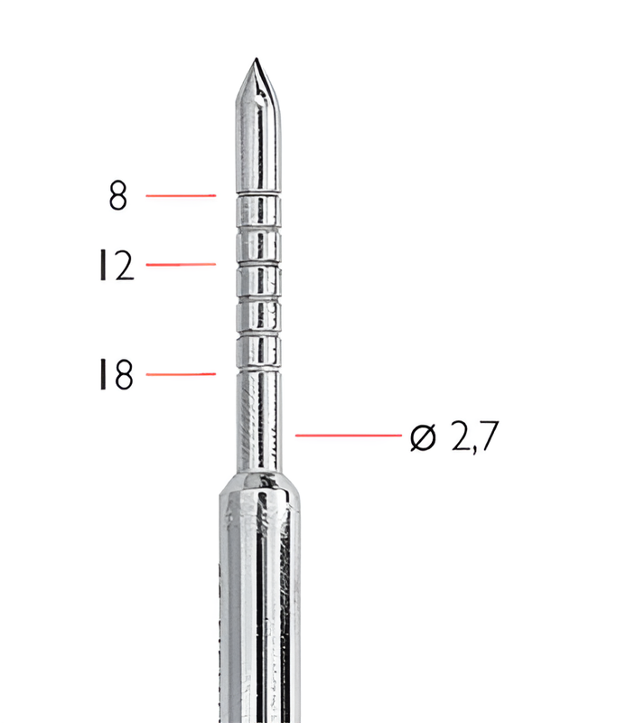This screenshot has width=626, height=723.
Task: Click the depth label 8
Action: pyautogui.click(x=118, y=196)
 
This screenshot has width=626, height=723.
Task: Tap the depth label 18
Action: pyautogui.click(x=117, y=375)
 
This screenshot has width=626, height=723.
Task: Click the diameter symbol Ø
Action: pyautogui.click(x=422, y=437)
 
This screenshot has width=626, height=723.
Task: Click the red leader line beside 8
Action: pyautogui.click(x=181, y=194)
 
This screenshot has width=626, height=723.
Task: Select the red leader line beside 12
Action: pyautogui.click(x=181, y=264)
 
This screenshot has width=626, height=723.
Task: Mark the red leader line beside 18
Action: pyautogui.click(x=181, y=373)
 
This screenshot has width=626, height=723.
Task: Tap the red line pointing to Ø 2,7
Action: pyautogui.click(x=348, y=436)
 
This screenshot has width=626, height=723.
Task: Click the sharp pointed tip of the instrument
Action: pyautogui.click(x=257, y=61)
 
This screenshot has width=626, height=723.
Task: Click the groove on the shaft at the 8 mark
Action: pyautogui.click(x=258, y=195)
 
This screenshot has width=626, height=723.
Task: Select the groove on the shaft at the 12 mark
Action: pyautogui.click(x=258, y=264)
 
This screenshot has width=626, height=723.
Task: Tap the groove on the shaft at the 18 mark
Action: pyautogui.click(x=258, y=371)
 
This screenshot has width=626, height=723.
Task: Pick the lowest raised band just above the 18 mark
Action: pyautogui.click(x=258, y=352)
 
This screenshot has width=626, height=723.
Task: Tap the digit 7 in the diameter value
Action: pyautogui.click(x=487, y=437)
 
